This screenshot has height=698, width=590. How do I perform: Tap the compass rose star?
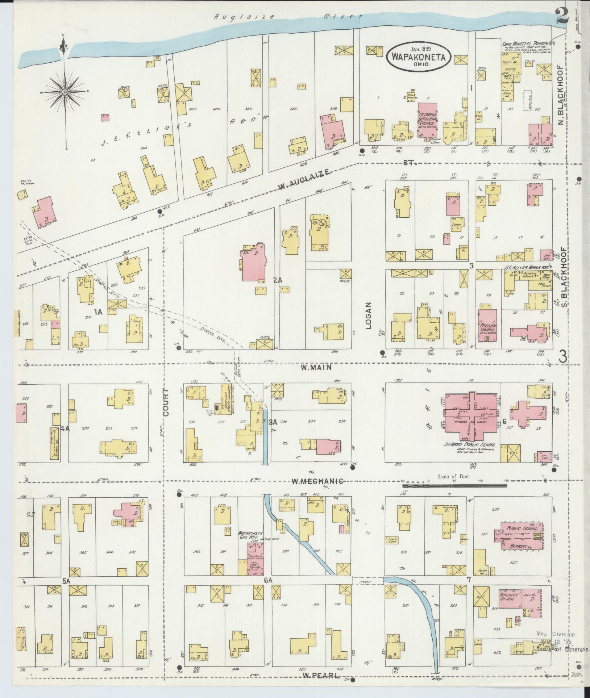65,92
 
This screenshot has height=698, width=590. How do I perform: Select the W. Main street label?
316,368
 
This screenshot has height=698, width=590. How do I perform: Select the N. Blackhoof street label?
561,93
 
